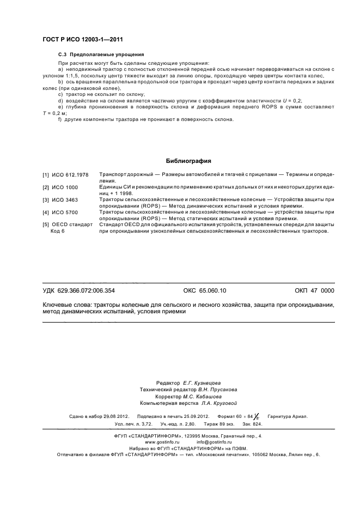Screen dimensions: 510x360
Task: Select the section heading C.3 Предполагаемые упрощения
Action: coord(101,54)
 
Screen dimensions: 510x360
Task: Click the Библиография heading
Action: coord(188,161)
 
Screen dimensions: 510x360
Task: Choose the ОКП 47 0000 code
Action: coord(314,290)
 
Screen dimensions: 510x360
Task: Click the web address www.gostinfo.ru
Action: coord(162,443)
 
